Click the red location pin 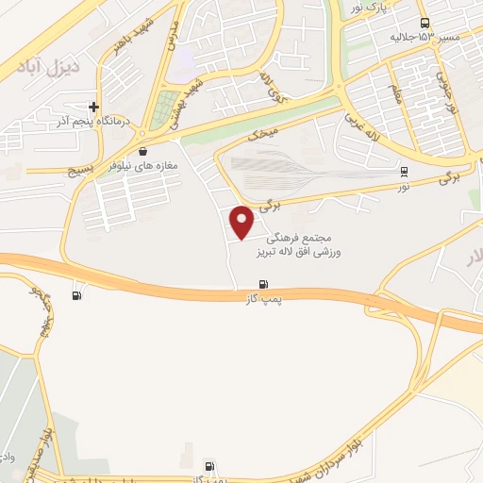pyautogui.click(x=242, y=222)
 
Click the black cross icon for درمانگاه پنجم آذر pyautogui.click(x=93, y=107)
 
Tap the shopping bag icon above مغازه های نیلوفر pyautogui.click(x=142, y=150)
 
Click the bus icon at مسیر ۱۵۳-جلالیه pyautogui.click(x=424, y=23)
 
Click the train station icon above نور pyautogui.click(x=405, y=172)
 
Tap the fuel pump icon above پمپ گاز pyautogui.click(x=263, y=284)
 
